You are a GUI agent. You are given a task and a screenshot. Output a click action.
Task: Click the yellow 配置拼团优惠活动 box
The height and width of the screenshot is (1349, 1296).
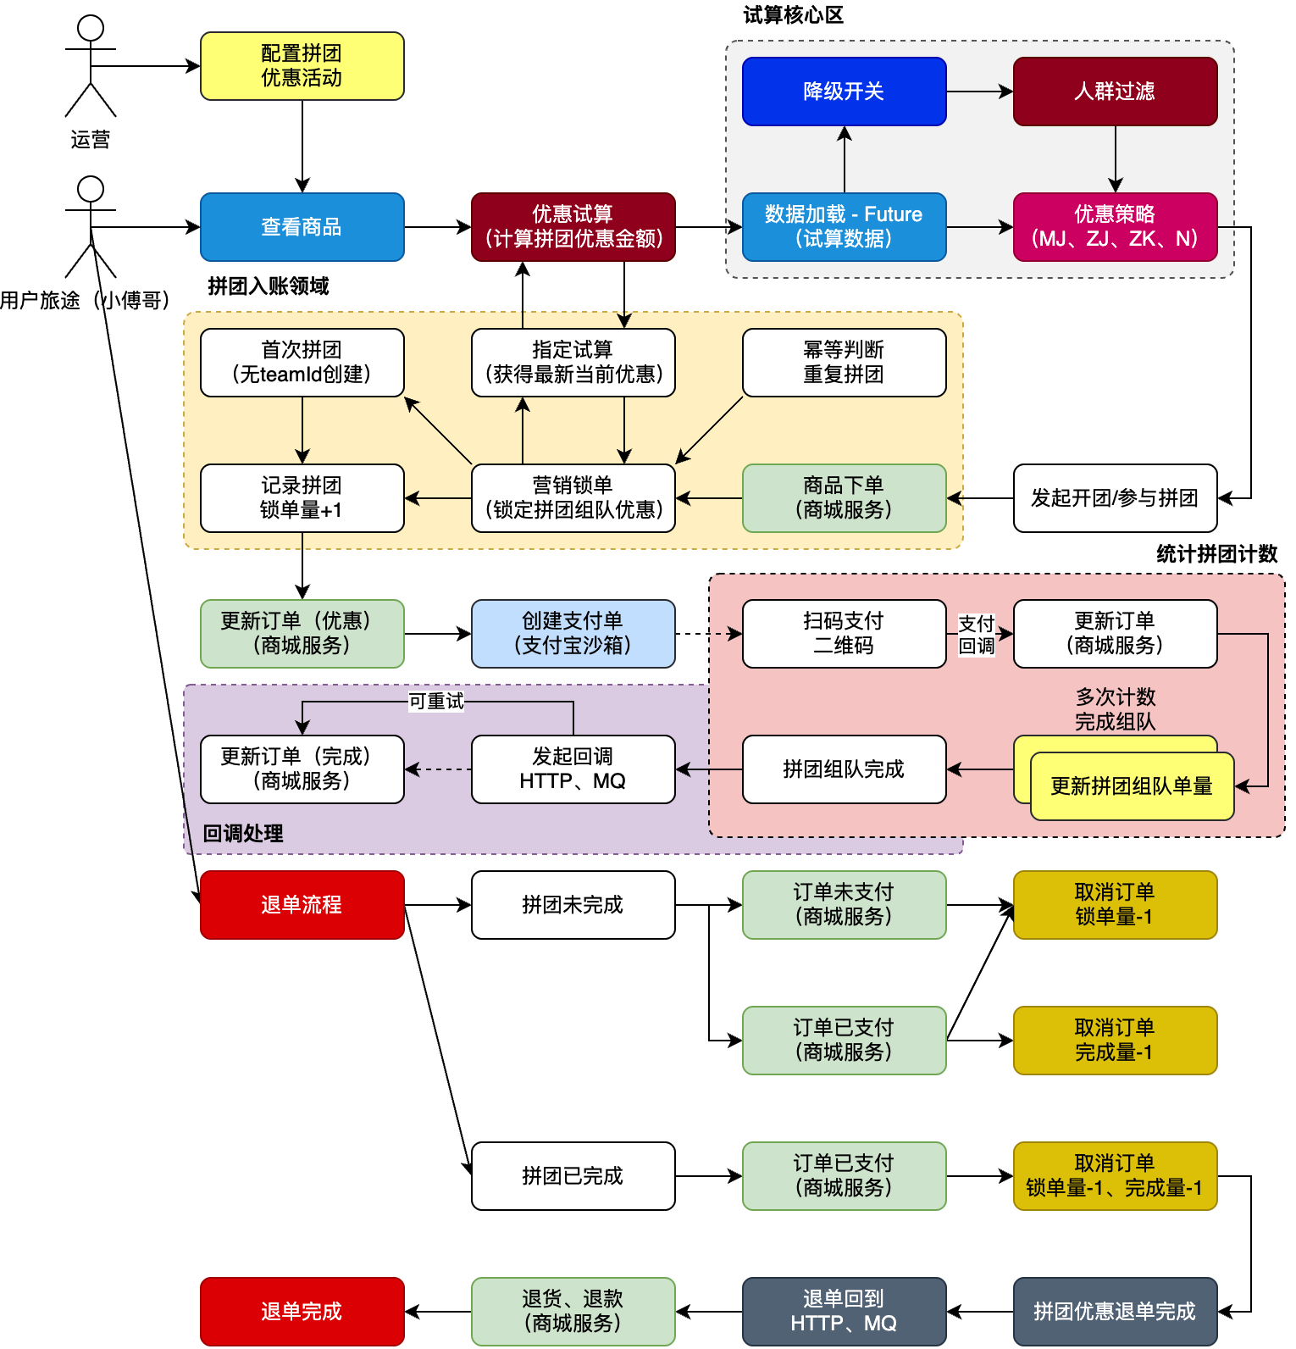coord(302,66)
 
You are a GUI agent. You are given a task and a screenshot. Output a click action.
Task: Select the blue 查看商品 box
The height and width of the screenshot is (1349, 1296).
coord(302,227)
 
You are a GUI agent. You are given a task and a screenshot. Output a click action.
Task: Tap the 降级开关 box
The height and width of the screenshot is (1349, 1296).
coord(845,92)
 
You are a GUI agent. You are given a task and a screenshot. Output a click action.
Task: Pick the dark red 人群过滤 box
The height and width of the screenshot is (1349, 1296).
coord(1116,92)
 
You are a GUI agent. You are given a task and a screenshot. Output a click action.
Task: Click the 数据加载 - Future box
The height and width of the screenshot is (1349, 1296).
coord(845,227)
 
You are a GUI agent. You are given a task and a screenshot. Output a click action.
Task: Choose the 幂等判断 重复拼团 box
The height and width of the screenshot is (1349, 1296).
coord(845,363)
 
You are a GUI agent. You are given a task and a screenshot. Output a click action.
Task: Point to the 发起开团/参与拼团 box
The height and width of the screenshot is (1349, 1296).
coord(1116,498)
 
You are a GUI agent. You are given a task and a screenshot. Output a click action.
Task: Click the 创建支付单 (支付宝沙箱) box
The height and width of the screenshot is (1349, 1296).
coord(573,634)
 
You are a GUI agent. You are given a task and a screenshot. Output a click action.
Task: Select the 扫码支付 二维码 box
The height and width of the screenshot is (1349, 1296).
coord(845,634)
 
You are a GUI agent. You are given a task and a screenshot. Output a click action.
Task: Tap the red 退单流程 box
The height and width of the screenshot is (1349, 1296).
coord(302,905)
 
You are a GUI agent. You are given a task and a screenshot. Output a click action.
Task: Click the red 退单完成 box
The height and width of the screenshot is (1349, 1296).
coord(302,1312)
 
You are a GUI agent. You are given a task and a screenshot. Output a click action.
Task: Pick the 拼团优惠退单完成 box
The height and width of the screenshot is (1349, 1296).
coord(1116,1312)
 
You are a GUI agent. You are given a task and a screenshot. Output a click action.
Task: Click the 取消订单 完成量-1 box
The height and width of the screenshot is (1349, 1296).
coord(1116,1041)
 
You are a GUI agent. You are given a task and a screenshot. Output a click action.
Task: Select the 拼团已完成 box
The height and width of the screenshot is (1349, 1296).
coord(573,1176)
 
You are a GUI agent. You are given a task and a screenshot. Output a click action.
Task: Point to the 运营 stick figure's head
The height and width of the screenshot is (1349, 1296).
coord(91,28)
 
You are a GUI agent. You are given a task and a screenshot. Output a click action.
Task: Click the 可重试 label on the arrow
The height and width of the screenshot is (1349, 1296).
coord(436,702)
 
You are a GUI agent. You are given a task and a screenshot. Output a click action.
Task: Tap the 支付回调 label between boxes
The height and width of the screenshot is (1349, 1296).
coord(977,635)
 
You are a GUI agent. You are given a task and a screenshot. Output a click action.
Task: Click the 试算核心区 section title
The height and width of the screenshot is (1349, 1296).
coord(794,15)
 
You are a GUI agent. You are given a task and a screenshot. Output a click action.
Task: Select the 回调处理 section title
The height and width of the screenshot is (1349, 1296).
coord(243,834)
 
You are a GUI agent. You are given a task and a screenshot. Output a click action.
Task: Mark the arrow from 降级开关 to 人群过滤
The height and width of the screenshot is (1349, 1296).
coord(980,92)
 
